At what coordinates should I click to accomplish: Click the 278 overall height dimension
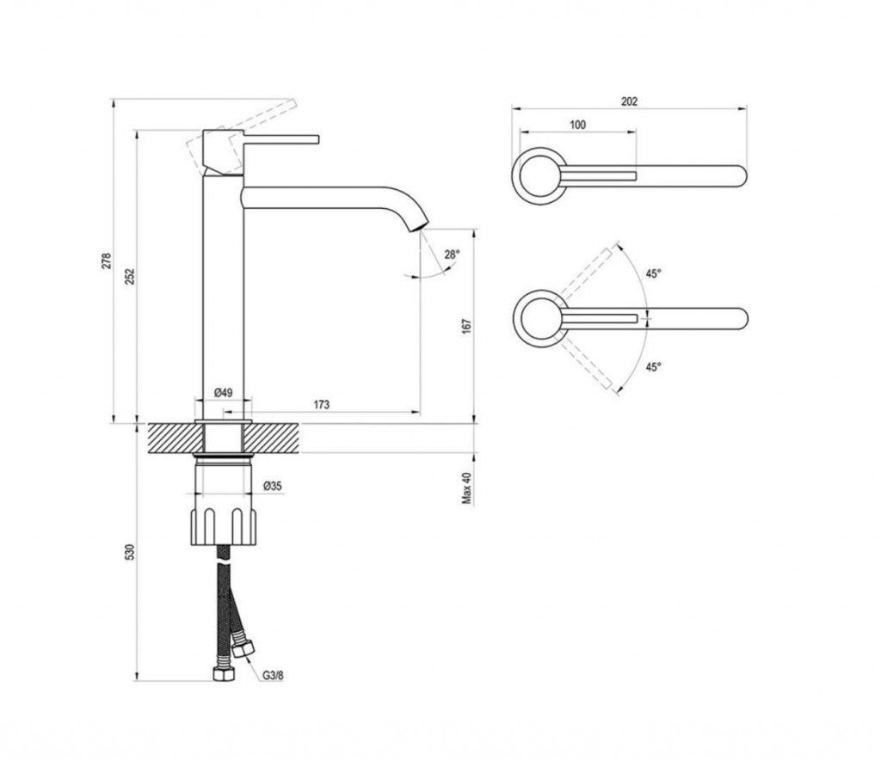coord(106,261)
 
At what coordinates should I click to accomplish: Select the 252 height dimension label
coord(130,276)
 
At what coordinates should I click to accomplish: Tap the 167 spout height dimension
coord(467,326)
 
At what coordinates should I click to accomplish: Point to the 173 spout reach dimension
coord(322,404)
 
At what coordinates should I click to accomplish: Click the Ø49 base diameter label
coord(223,392)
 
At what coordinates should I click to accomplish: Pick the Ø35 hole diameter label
coord(273,486)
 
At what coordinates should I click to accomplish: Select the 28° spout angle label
coord(452,254)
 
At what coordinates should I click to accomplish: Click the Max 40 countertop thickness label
coord(467,487)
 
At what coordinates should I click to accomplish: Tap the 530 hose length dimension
coord(130,552)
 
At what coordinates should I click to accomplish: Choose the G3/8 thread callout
coord(273,675)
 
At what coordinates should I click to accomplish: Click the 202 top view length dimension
coord(629,101)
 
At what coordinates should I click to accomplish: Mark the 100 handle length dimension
coord(577,125)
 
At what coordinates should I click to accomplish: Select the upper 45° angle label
coord(653,274)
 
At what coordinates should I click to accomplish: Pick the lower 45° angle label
coord(653,367)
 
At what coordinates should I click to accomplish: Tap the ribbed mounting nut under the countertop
coord(224,526)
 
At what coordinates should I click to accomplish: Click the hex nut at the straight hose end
coord(224,674)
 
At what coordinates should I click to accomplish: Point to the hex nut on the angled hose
coord(243,649)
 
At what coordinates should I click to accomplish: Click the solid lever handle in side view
coord(281,138)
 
